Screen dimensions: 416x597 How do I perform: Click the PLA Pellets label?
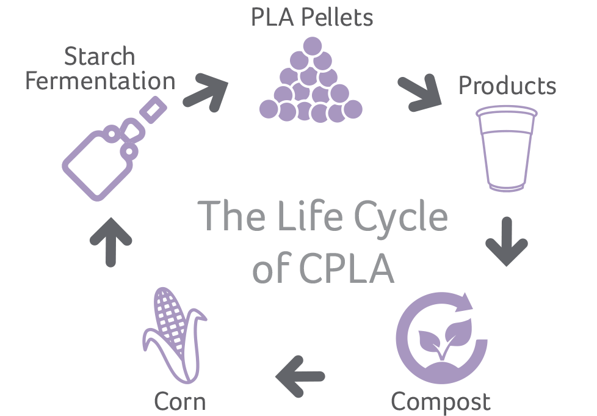312,18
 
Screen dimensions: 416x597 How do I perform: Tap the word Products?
507,86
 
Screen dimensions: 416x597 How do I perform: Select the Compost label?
440,402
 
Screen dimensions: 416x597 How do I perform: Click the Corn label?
180,402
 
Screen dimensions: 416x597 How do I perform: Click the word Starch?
99,57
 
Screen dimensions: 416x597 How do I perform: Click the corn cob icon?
172,333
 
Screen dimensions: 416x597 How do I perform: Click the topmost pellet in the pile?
311,46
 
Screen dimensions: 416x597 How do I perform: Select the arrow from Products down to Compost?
507,241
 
